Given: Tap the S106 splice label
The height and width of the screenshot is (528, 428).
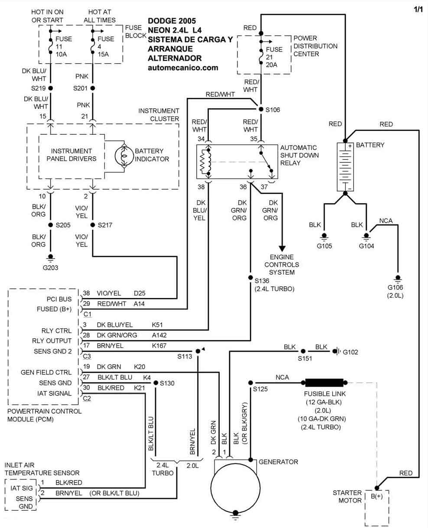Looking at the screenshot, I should click(273, 110).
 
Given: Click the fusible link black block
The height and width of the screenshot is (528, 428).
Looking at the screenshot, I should click(324, 382).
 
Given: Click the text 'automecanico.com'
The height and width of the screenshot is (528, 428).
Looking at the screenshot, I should click(183, 68).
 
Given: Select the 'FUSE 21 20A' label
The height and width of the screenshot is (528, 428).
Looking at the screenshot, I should click(274, 57).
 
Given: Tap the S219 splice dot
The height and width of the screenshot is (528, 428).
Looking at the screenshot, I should click(51, 88).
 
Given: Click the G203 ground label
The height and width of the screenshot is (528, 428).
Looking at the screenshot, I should click(50, 267).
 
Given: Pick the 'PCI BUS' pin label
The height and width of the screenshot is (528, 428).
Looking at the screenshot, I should click(59, 299).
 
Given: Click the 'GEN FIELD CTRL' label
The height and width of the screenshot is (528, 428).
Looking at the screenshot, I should click(46, 372).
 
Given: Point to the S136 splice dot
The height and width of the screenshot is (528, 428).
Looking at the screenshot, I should click(250, 278).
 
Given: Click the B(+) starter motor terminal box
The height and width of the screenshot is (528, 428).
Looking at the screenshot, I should click(376, 496).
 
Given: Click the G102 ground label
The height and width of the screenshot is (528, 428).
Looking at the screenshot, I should click(350, 352).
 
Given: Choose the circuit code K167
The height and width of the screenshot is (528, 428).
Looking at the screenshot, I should click(159, 345).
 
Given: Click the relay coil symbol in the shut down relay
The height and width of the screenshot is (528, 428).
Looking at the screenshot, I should click(204, 162).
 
